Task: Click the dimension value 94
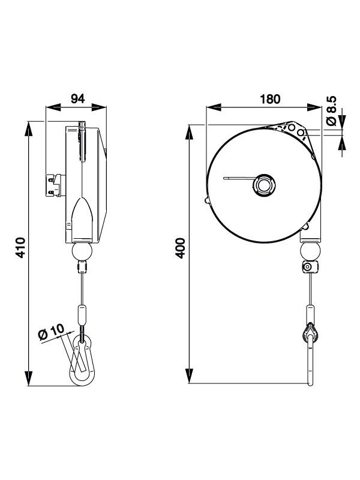click(77, 99)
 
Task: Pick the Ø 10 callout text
click(51, 334)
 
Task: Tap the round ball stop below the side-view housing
click(82, 250)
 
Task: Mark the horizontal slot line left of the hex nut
click(237, 178)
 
